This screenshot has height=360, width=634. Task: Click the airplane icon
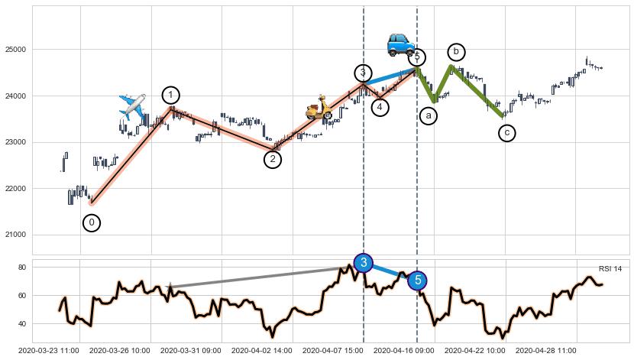click(132, 107)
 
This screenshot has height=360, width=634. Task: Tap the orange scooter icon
click(319, 108)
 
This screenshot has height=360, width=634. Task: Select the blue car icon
click(399, 44)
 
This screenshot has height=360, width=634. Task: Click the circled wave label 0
click(92, 222)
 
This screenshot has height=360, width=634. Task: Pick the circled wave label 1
click(171, 96)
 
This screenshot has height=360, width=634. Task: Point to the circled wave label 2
click(273, 159)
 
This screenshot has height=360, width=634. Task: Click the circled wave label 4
click(380, 108)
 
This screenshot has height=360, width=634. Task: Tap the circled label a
click(429, 115)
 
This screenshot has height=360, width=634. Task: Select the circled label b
click(456, 52)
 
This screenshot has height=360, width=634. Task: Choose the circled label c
click(507, 133)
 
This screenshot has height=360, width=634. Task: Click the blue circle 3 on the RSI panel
click(364, 263)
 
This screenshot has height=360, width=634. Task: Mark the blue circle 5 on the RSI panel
click(418, 281)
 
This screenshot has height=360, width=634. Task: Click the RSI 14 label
click(610, 268)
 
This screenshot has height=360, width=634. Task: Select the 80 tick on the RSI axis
click(23, 268)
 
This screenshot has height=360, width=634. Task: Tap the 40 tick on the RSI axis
click(23, 324)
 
